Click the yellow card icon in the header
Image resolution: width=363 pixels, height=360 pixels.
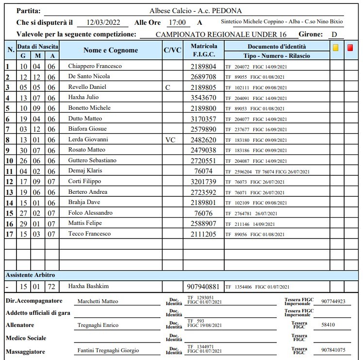[x=336, y=49]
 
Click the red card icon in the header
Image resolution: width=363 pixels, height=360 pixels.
[x=350, y=49]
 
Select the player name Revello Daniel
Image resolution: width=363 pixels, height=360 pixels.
[x=86, y=87]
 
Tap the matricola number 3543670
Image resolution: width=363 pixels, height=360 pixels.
[x=203, y=98]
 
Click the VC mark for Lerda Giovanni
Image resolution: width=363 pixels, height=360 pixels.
[x=170, y=140]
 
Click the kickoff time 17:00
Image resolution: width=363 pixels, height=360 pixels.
[x=177, y=22]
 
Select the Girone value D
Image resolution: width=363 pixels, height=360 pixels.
[x=334, y=34]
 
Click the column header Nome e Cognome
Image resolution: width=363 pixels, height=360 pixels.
[x=111, y=51]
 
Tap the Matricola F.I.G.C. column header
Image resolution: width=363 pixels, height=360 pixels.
[x=204, y=51]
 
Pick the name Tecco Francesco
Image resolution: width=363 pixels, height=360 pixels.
[x=90, y=234]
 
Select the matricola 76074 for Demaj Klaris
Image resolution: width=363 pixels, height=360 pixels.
[x=203, y=171]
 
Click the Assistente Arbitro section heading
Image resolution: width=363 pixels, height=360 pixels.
[x=30, y=275]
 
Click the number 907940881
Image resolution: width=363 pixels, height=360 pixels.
[x=203, y=286]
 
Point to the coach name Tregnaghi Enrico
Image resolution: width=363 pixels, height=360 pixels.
[x=98, y=325]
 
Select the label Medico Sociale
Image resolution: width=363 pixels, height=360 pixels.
[x=26, y=338]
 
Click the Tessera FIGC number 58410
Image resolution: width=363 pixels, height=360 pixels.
[x=329, y=325]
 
